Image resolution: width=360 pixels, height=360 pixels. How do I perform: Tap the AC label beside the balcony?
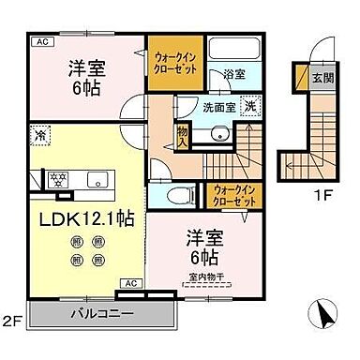click(x=131, y=281)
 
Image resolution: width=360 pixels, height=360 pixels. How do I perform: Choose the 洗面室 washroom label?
click(x=214, y=108)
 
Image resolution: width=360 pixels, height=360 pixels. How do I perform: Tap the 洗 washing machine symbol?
click(x=249, y=107)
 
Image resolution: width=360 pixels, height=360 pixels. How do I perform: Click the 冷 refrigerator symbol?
click(x=37, y=134)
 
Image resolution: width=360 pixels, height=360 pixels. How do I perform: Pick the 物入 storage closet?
click(x=183, y=138)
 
